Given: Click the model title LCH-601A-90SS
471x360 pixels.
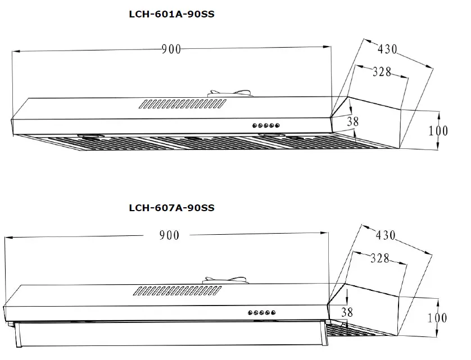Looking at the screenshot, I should pyautogui.click(x=171, y=15).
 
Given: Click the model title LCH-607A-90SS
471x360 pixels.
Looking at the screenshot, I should pyautogui.click(x=171, y=207).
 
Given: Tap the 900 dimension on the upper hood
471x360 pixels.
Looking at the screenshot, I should pyautogui.click(x=171, y=49).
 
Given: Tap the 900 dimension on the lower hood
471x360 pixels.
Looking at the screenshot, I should pyautogui.click(x=169, y=235).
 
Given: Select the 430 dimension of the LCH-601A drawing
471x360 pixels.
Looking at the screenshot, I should pyautogui.click(x=387, y=49).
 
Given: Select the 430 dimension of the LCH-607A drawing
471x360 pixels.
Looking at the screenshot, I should pyautogui.click(x=386, y=236).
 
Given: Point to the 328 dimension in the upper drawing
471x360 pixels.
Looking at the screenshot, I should pyautogui.click(x=382, y=71).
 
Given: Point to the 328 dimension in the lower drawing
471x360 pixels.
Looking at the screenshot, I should pyautogui.click(x=381, y=258).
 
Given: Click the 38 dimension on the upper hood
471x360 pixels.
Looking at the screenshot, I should pyautogui.click(x=352, y=121).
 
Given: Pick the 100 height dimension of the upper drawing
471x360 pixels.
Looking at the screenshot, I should pyautogui.click(x=438, y=130).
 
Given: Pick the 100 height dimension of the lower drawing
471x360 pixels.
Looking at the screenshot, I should pyautogui.click(x=437, y=318).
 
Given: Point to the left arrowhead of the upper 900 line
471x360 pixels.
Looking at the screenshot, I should pyautogui.click(x=15, y=52).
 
